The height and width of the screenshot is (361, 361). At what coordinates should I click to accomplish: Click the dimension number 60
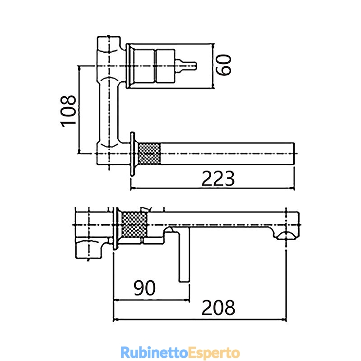[223, 65]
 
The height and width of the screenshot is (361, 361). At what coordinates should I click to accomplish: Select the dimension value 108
[68, 111]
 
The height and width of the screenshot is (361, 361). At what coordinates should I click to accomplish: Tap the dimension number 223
[218, 178]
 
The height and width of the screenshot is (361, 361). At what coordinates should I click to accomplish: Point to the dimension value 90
[144, 288]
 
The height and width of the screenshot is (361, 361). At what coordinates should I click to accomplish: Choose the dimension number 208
[218, 307]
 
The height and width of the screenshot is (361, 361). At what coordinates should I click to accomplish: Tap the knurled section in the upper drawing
[149, 153]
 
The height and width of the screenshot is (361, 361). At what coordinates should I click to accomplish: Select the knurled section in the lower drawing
[134, 225]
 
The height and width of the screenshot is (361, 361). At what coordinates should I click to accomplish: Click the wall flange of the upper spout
[132, 154]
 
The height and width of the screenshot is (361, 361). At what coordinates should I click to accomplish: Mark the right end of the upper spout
[294, 153]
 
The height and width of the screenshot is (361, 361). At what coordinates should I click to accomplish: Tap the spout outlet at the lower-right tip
[286, 236]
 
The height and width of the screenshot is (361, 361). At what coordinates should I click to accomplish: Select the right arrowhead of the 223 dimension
[292, 188]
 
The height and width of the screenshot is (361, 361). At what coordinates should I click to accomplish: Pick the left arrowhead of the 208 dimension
[116, 319]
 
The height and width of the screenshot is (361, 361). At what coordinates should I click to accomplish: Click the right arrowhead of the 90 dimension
[187, 300]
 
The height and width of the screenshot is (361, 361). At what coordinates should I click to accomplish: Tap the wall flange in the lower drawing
[116, 228]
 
